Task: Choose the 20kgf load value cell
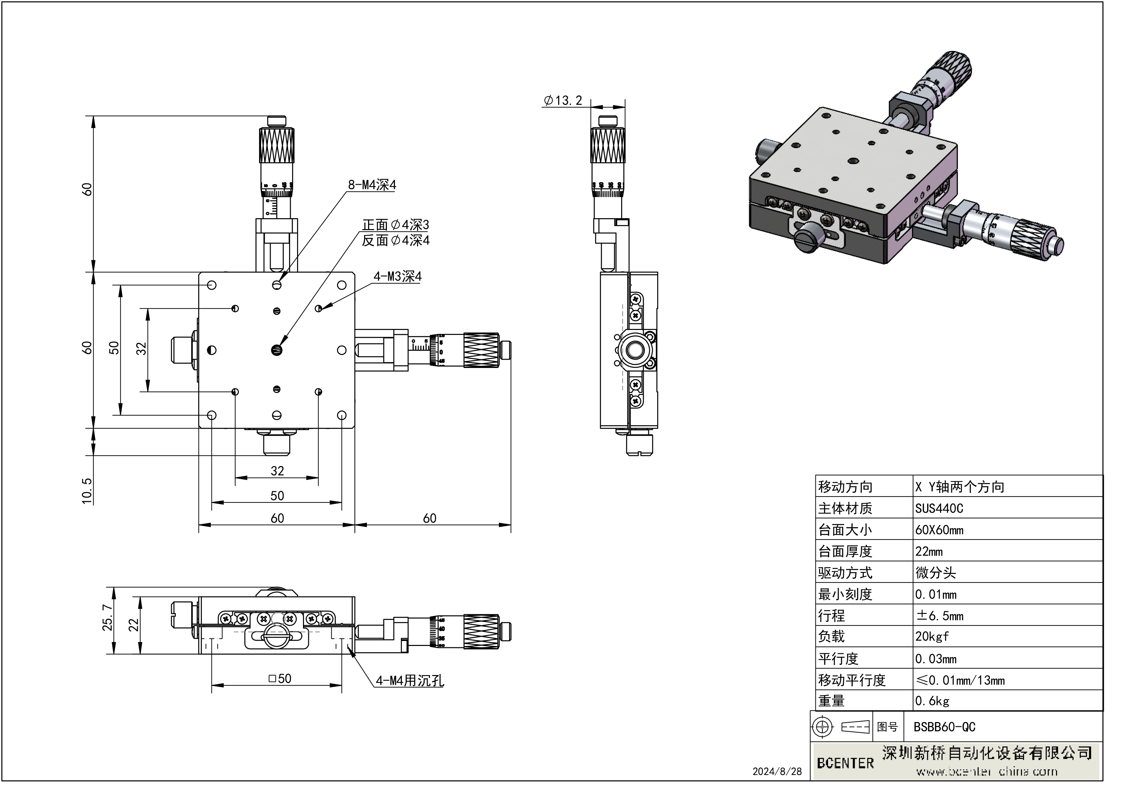point(931,636)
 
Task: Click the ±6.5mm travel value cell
point(939,616)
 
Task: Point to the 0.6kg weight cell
point(932,700)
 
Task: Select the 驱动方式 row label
point(845,573)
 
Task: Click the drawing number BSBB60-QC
point(944,727)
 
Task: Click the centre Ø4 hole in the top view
point(276,350)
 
